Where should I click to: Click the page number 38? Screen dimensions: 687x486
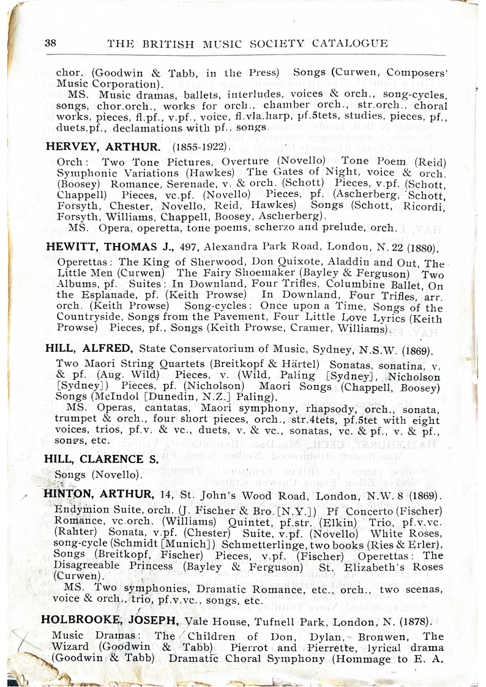click(51, 43)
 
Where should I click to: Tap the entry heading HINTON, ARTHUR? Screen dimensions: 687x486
click(98, 495)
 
